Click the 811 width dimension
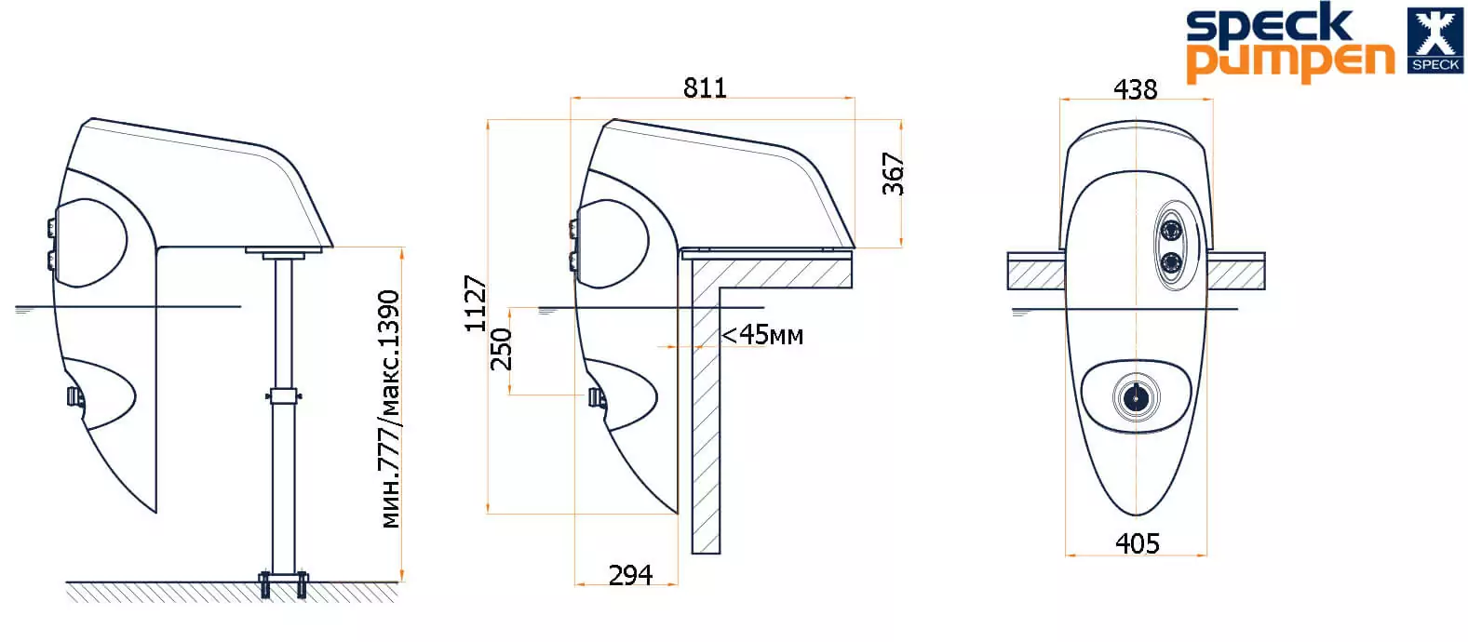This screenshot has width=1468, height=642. [706, 87]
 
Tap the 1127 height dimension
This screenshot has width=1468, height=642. [476, 303]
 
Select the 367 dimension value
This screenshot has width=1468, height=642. [894, 174]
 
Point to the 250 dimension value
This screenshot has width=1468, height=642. [502, 349]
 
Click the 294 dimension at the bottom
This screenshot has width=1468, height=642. [630, 575]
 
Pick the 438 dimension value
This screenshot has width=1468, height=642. [1136, 89]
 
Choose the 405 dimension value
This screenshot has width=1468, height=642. [1138, 543]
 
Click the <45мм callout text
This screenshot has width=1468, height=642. [762, 335]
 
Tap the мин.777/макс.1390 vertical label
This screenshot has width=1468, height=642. [389, 409]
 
